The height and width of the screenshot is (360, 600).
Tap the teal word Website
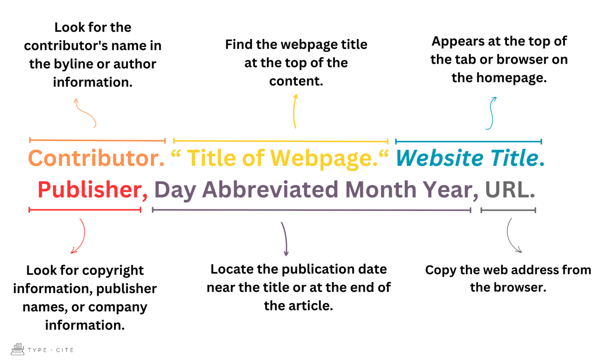(440, 158)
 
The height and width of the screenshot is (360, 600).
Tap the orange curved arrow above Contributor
(85, 113)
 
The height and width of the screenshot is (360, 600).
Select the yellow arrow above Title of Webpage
(295, 111)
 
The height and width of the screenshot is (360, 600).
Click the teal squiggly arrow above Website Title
(491, 113)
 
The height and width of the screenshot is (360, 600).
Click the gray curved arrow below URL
(512, 236)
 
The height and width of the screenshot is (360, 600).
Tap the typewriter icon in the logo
(17, 349)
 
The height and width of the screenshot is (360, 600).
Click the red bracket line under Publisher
(85, 210)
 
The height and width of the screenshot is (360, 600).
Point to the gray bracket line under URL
(508, 210)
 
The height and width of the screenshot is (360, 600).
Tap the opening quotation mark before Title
(176, 154)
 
